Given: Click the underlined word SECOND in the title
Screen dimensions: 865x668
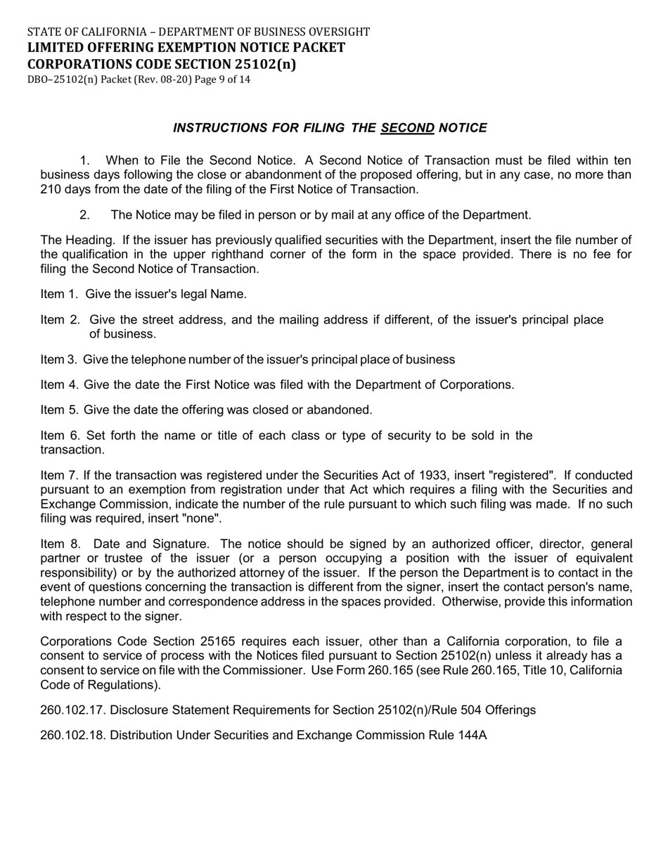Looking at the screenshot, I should point(407,128).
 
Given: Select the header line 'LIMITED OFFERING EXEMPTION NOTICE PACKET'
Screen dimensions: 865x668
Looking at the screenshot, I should point(186,48).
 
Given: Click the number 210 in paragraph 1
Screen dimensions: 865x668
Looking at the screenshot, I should point(51,189).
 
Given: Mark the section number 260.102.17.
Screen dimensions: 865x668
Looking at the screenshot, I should point(73,710).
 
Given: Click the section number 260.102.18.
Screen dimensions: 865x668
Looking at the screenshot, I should point(73,735).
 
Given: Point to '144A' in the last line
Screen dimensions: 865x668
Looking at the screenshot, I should point(472,735).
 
